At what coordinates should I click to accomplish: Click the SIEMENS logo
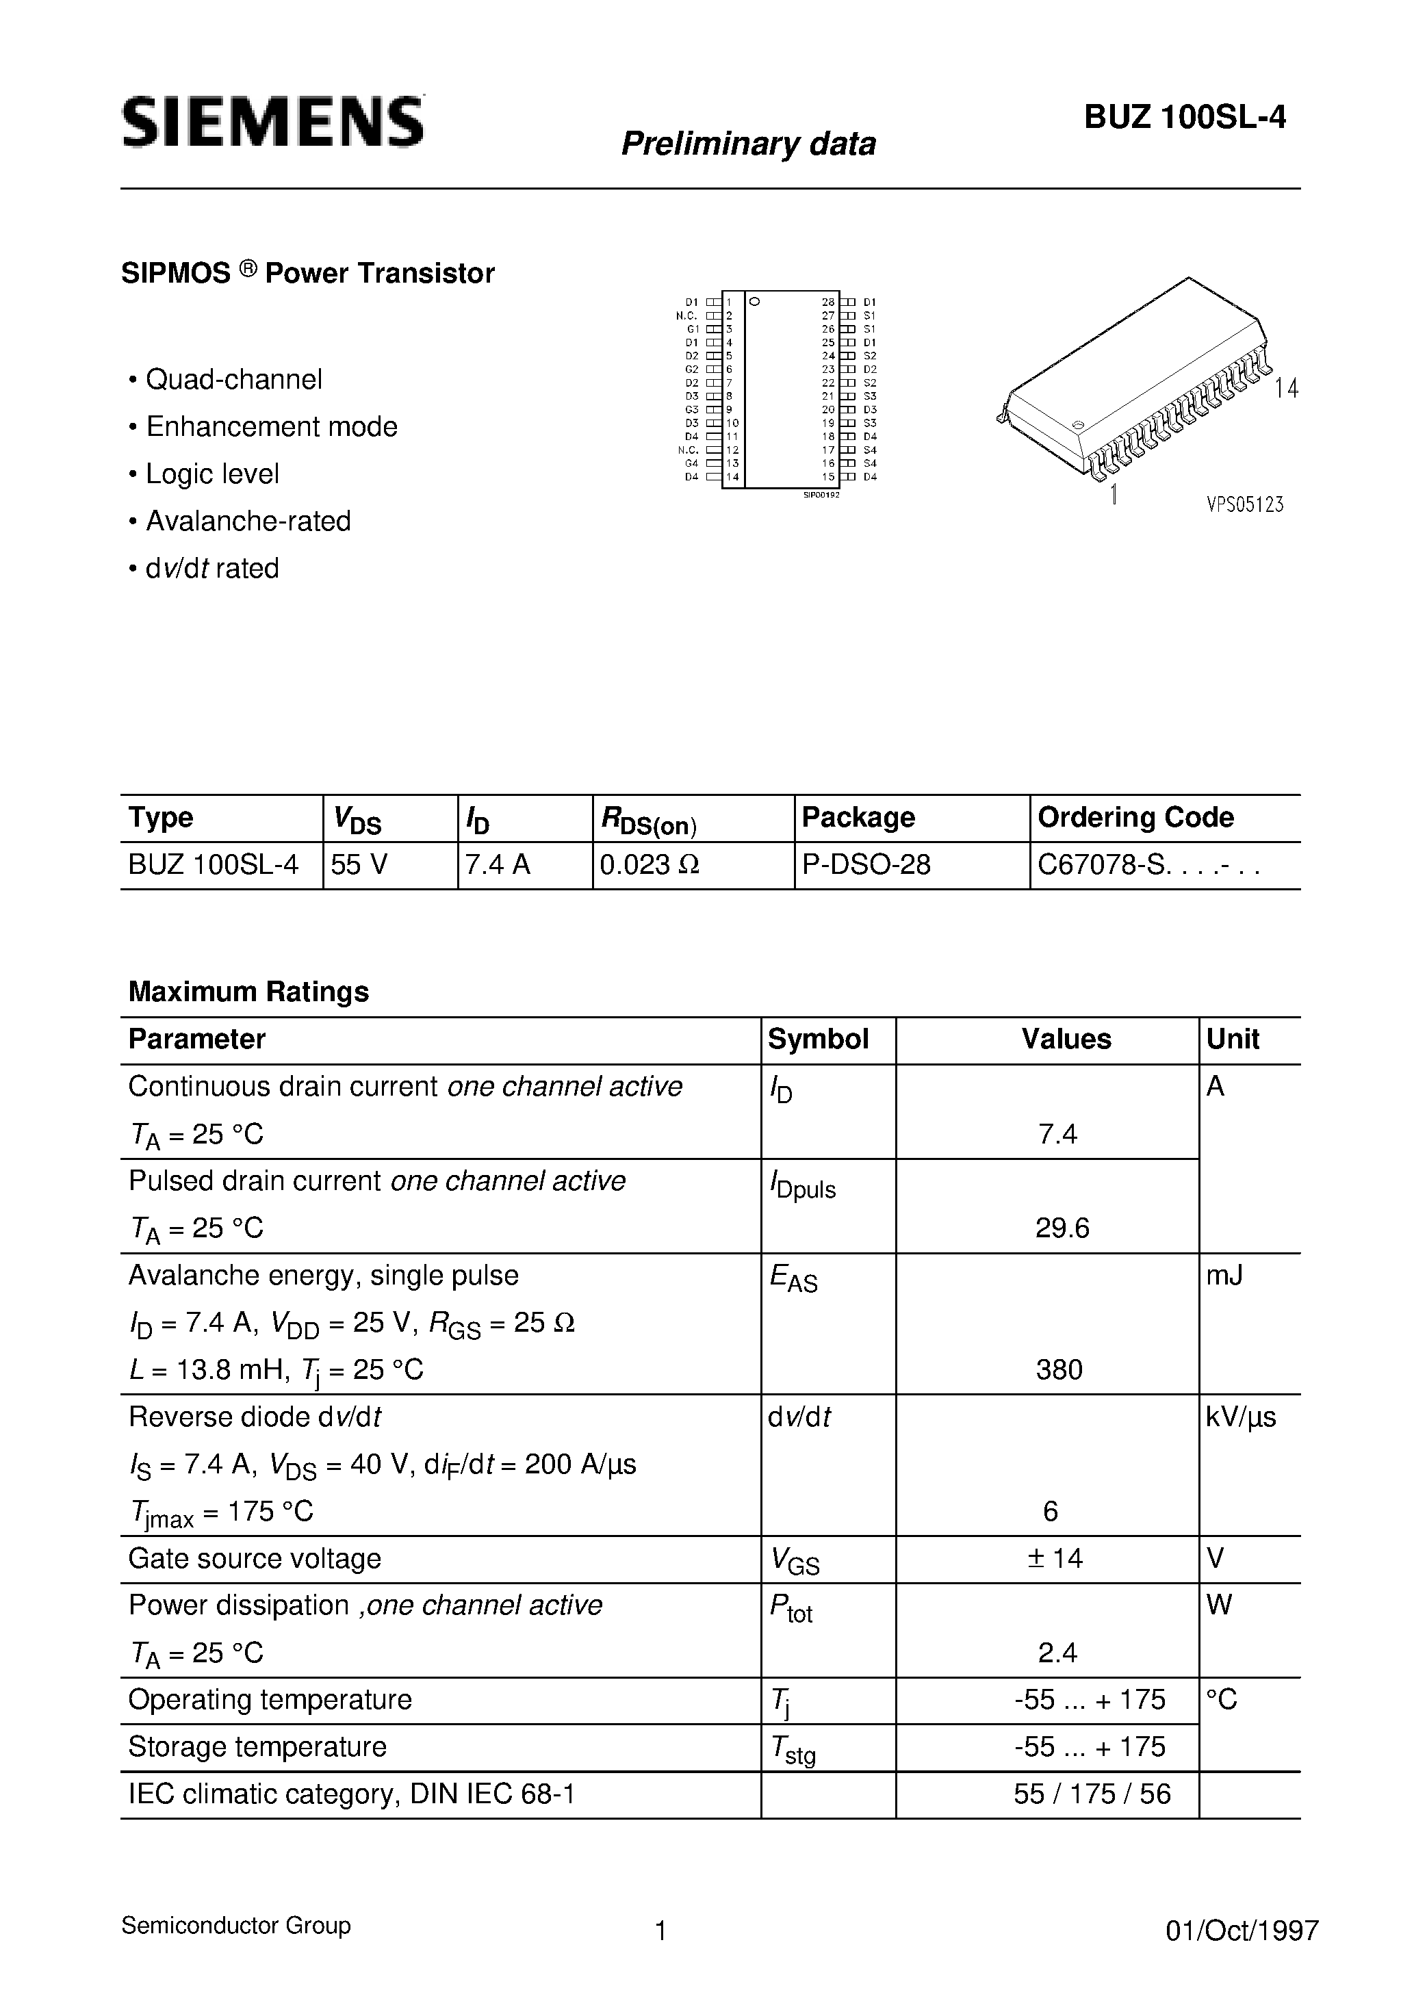(x=273, y=122)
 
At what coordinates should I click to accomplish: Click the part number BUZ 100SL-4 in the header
(x=1185, y=118)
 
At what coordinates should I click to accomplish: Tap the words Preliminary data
(x=748, y=144)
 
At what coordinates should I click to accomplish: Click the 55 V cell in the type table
(x=360, y=864)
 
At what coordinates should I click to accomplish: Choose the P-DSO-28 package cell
(x=866, y=864)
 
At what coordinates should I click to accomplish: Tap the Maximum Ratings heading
(x=248, y=992)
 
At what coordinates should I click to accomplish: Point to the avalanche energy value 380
(x=1059, y=1370)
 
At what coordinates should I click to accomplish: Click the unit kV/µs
(x=1241, y=1417)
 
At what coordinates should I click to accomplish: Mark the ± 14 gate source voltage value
(x=1055, y=1558)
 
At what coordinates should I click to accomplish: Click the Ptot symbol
(x=790, y=1607)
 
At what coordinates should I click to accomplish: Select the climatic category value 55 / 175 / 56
(x=1092, y=1794)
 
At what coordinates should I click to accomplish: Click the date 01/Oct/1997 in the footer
(x=1242, y=1931)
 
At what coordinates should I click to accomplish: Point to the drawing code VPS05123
(x=1245, y=504)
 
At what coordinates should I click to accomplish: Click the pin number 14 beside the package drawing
(x=1286, y=389)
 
